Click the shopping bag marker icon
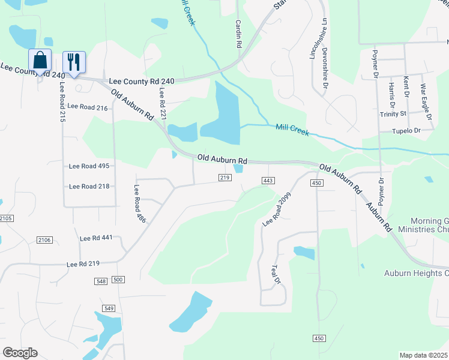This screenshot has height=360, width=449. [x=40, y=61]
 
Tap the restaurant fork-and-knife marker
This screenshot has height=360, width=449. [x=74, y=62]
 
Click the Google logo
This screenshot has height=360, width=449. [x=20, y=352]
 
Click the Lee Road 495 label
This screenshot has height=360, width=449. [x=89, y=166]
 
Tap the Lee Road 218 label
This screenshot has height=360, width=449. [x=89, y=186]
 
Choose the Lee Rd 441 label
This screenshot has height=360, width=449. [x=96, y=238]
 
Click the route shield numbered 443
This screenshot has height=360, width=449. [x=268, y=181]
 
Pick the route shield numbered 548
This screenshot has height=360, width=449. [x=101, y=281]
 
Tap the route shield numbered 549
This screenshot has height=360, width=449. [x=109, y=308]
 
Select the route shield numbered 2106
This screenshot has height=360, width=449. [x=44, y=240]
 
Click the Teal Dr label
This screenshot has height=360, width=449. [x=277, y=277]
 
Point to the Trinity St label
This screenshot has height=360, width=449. [x=393, y=113]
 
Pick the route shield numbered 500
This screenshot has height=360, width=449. [x=118, y=280]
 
